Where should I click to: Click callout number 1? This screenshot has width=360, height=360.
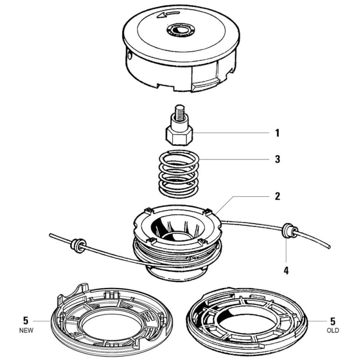(277, 133)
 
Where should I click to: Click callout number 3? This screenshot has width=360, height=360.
(277, 159)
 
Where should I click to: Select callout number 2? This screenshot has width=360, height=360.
(277, 196)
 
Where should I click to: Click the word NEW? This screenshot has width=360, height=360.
(26, 330)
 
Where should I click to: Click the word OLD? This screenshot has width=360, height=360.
(333, 330)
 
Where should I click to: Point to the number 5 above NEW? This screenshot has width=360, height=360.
(26, 321)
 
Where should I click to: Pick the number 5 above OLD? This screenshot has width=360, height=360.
(333, 321)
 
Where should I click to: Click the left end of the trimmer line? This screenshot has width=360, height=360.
(52, 234)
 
